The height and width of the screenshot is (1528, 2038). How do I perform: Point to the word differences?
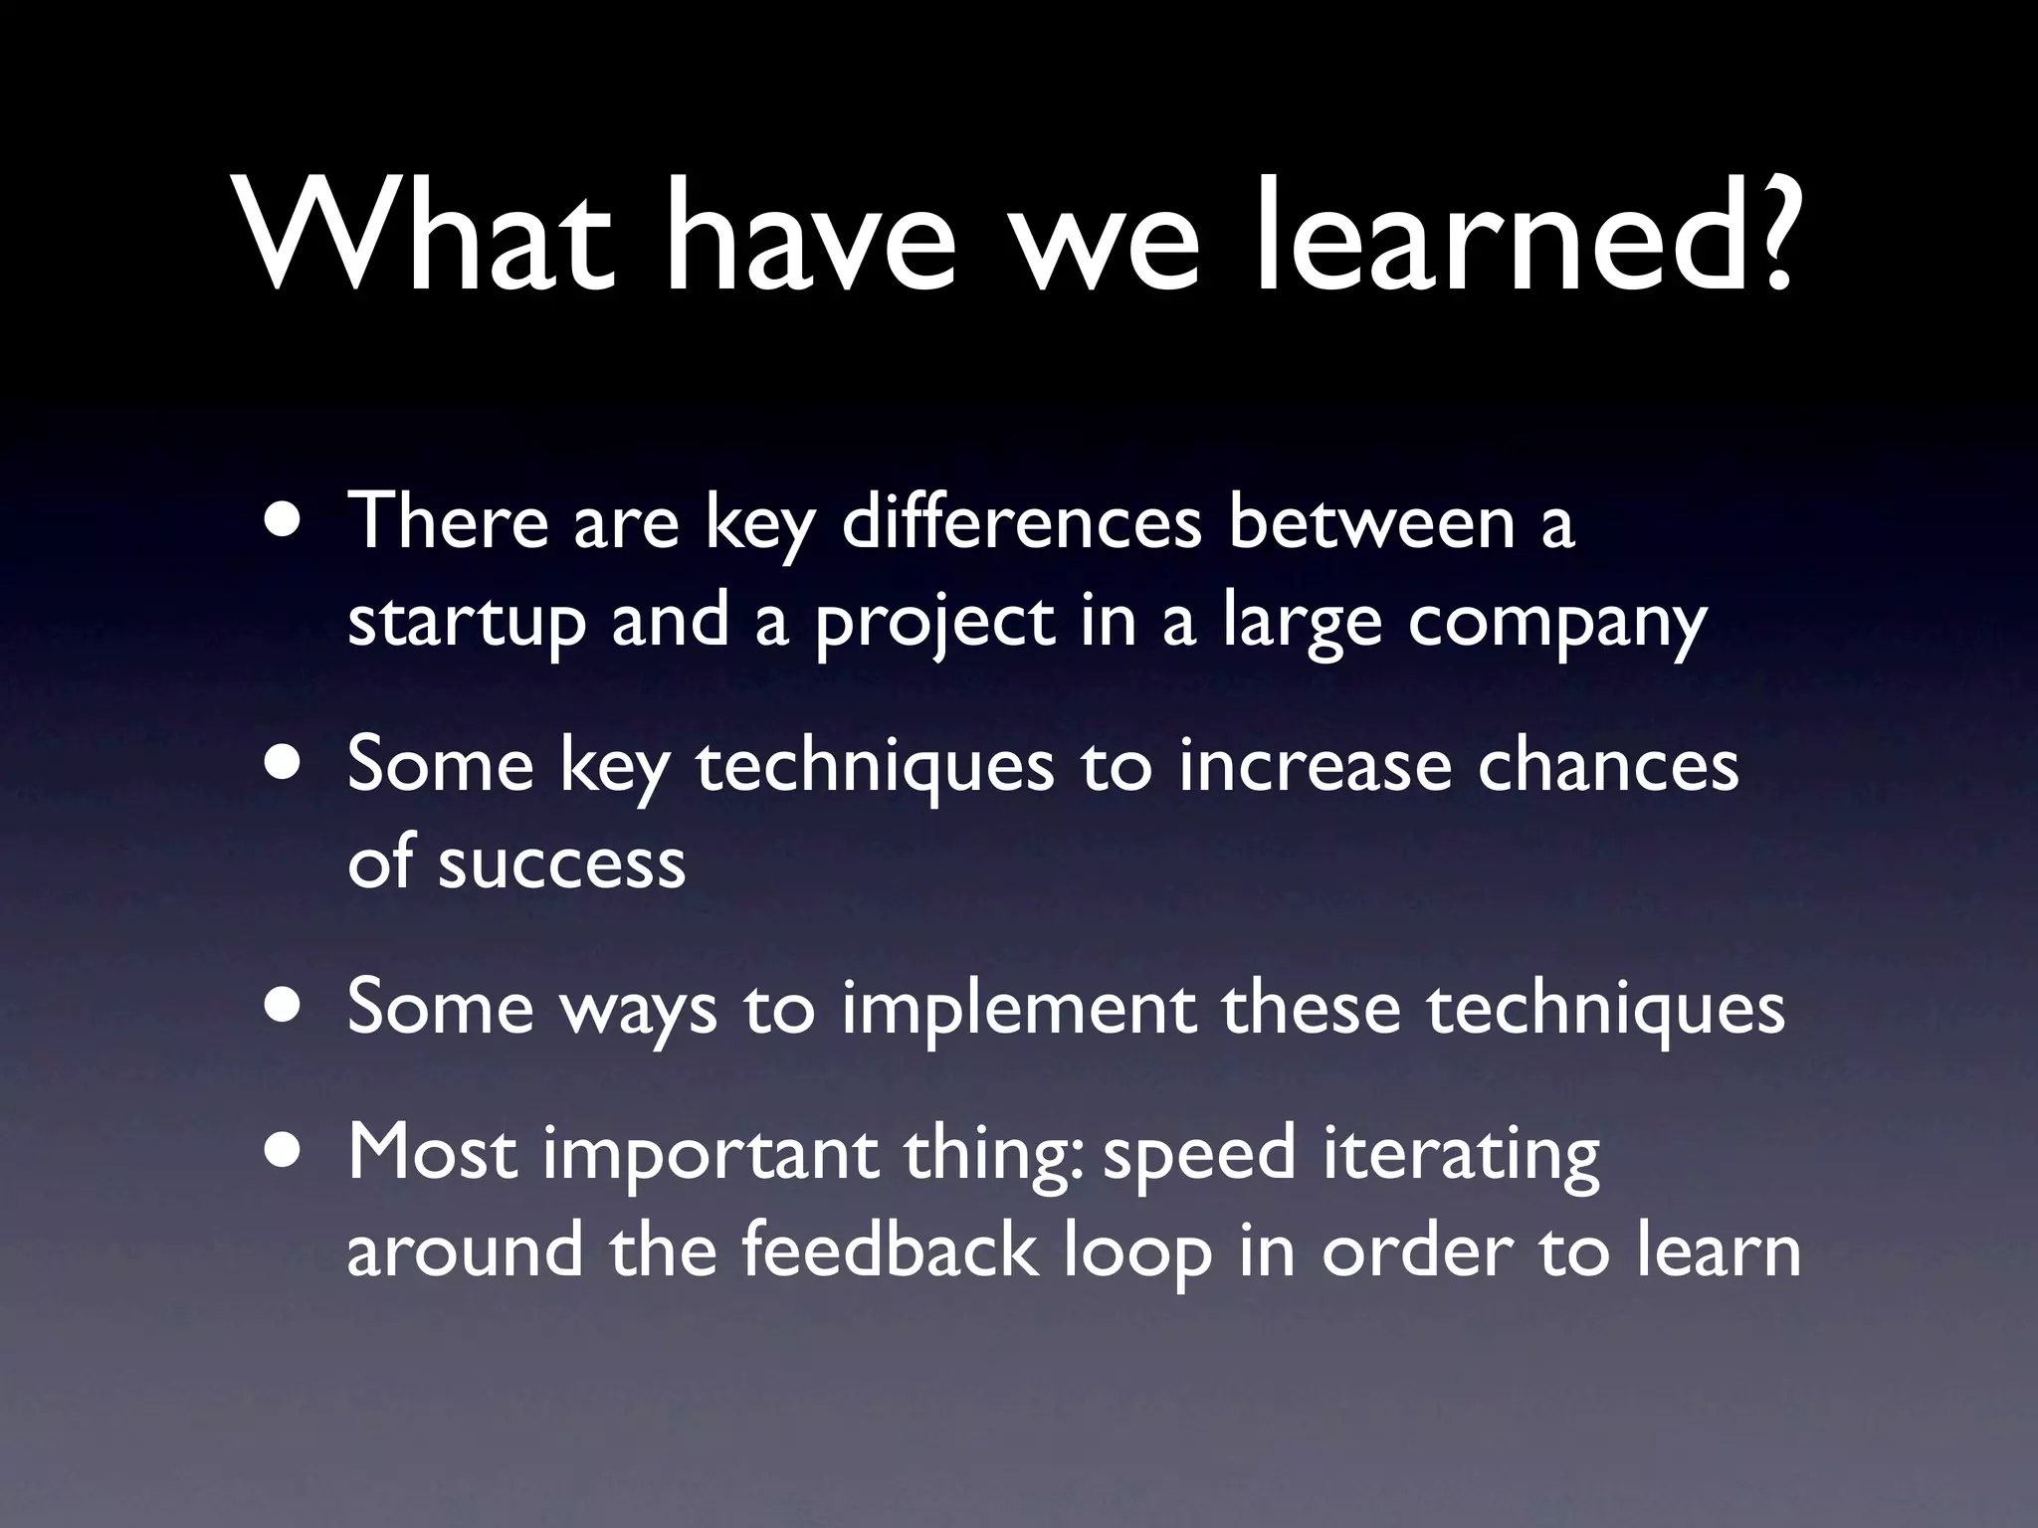click(x=1021, y=522)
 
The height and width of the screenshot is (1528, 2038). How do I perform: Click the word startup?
click(x=466, y=622)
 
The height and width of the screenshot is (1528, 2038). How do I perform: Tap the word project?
click(x=934, y=622)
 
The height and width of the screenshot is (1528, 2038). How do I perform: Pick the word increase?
click(x=1314, y=766)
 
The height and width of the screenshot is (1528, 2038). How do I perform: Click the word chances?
click(x=1607, y=766)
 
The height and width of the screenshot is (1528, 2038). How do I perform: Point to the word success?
click(x=561, y=863)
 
